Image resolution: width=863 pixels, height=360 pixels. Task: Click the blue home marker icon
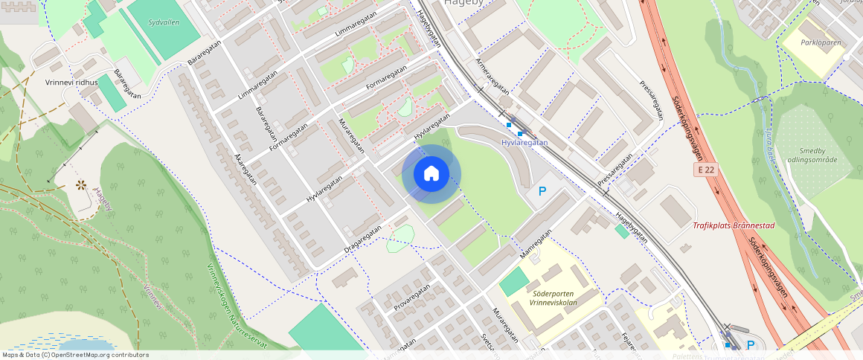coord(431,174)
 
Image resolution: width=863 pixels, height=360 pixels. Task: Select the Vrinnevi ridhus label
coord(71,83)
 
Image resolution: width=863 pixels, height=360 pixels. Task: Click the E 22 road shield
coord(708,170)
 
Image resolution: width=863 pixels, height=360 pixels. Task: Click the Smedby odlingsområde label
coord(813,155)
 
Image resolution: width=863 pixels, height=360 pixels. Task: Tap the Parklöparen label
coord(821,42)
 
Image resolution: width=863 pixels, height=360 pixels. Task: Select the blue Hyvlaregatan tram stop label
coord(524,142)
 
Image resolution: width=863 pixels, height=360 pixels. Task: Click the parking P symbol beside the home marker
coord(542,192)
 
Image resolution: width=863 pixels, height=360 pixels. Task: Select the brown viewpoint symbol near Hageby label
coord(80,184)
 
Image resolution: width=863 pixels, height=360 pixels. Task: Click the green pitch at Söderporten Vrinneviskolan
coord(513,282)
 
